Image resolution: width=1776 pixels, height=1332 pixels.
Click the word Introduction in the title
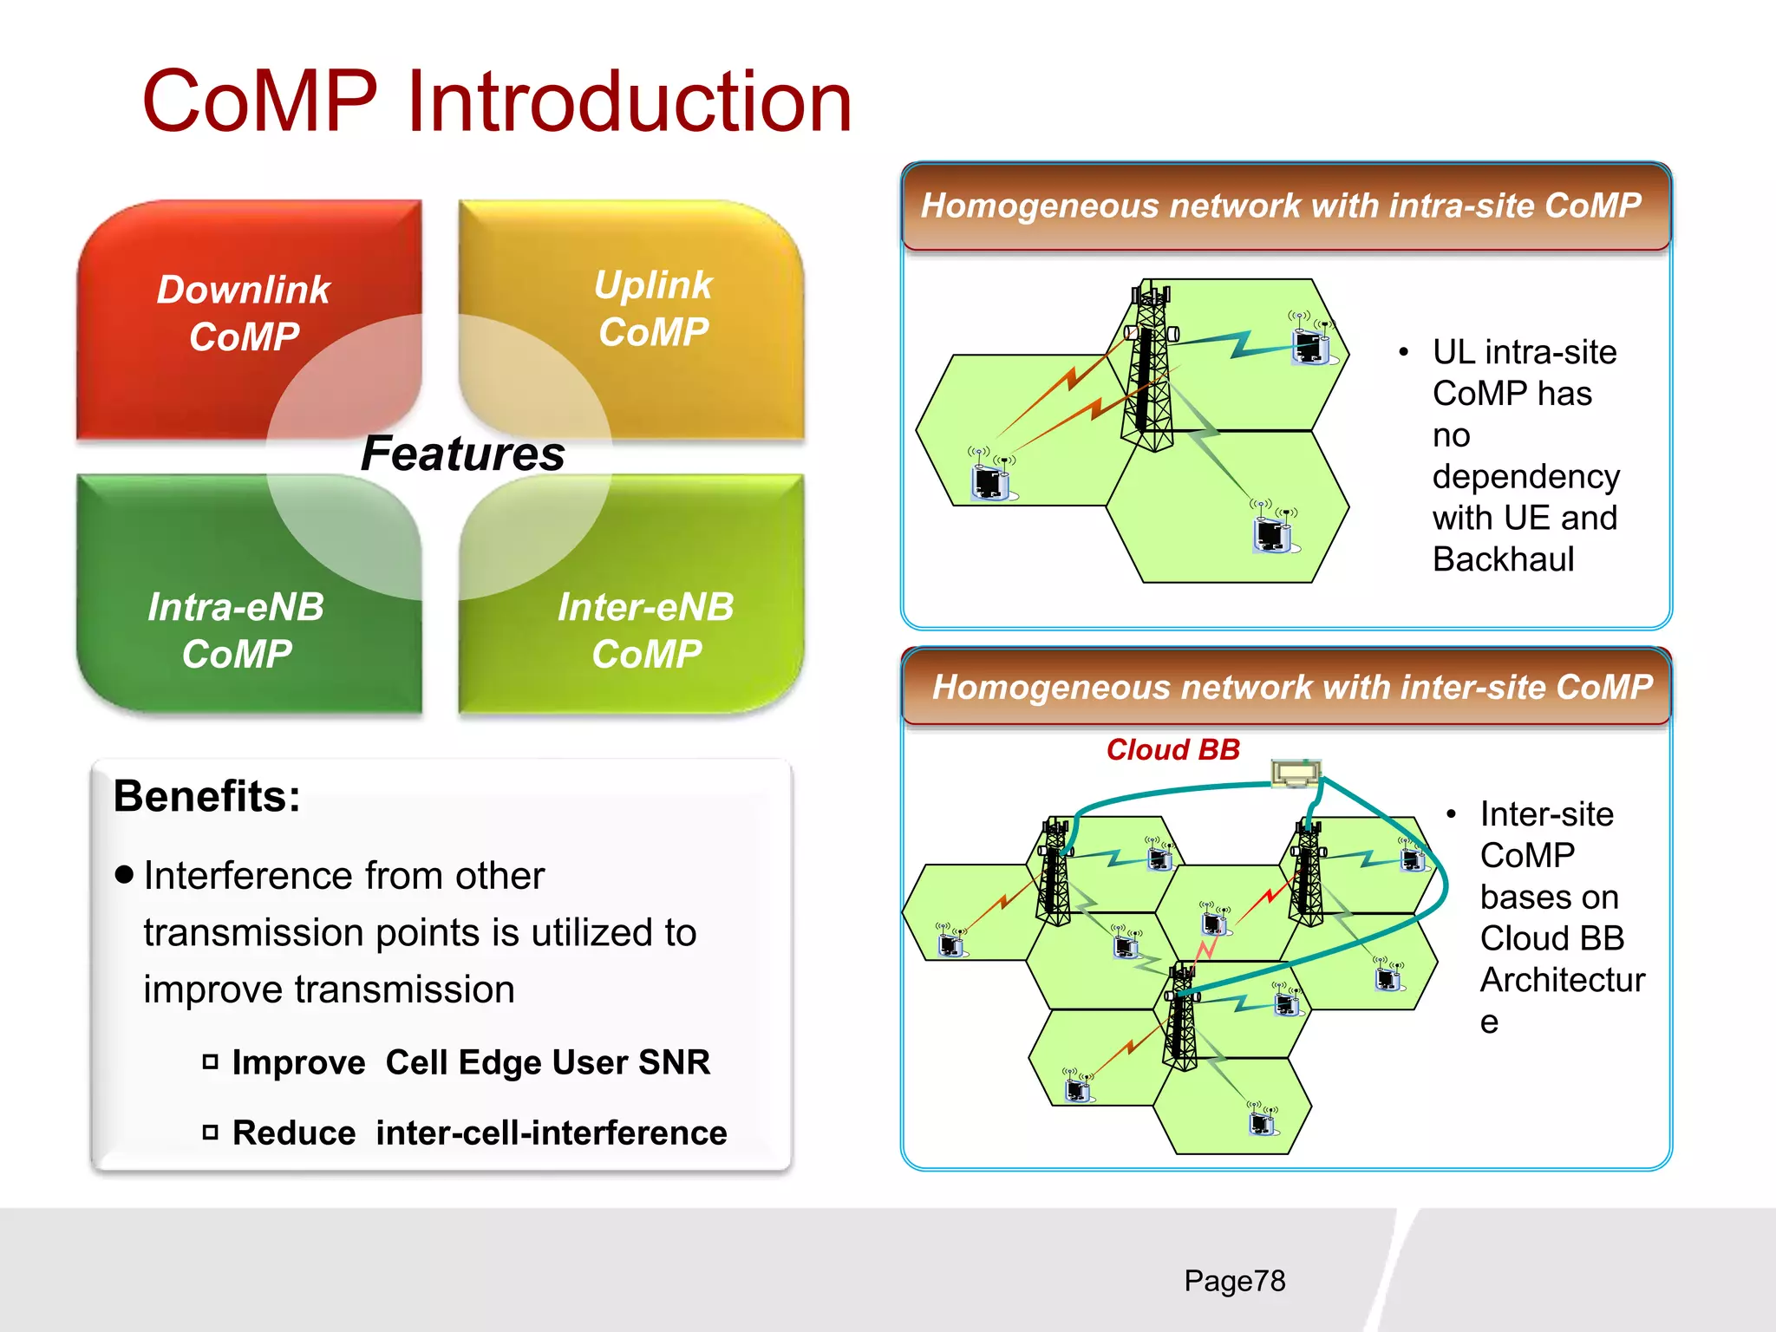pos(628,102)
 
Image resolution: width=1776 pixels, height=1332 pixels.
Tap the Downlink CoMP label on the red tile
pos(244,312)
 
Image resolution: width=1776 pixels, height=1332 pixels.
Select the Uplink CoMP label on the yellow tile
pos(653,308)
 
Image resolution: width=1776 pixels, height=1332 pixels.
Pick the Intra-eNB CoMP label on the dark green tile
pos(236,630)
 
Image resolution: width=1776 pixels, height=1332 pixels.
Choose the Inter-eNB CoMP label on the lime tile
pos(646,630)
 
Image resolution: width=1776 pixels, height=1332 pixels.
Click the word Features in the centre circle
pos(462,454)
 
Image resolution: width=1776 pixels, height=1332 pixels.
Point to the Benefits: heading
pos(207,795)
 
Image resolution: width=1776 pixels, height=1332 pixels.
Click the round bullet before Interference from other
pos(125,874)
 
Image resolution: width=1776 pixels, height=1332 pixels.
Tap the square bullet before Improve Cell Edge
pos(210,1061)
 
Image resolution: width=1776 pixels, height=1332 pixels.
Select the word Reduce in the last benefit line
pos(294,1133)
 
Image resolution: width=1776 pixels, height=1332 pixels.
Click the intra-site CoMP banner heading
pos(1281,206)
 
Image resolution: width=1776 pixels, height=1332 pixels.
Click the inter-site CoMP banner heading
pos(1291,687)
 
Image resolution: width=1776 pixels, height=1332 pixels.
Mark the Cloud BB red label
pos(1173,749)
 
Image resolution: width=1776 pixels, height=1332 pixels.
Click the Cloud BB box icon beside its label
pos(1296,773)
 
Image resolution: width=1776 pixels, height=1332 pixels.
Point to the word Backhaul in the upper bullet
pos(1503,559)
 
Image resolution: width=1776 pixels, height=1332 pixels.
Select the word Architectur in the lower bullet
pos(1562,980)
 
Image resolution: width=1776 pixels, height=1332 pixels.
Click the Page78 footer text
pos(1234,1280)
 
